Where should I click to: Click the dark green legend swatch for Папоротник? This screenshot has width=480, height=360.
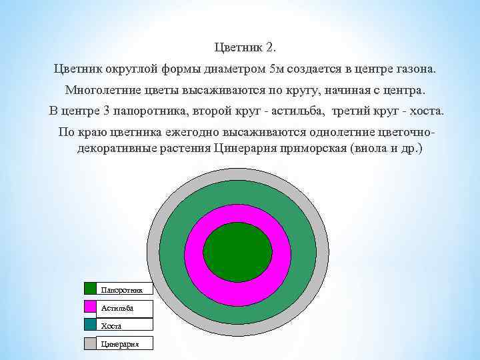click(x=91, y=289)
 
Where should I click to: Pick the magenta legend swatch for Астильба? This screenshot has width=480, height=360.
click(x=91, y=307)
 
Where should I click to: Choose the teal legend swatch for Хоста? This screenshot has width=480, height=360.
click(x=91, y=325)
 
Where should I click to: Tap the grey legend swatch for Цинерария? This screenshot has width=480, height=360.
click(x=91, y=343)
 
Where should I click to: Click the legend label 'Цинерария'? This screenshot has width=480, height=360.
click(x=119, y=343)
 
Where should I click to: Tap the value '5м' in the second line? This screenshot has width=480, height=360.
click(x=277, y=69)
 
